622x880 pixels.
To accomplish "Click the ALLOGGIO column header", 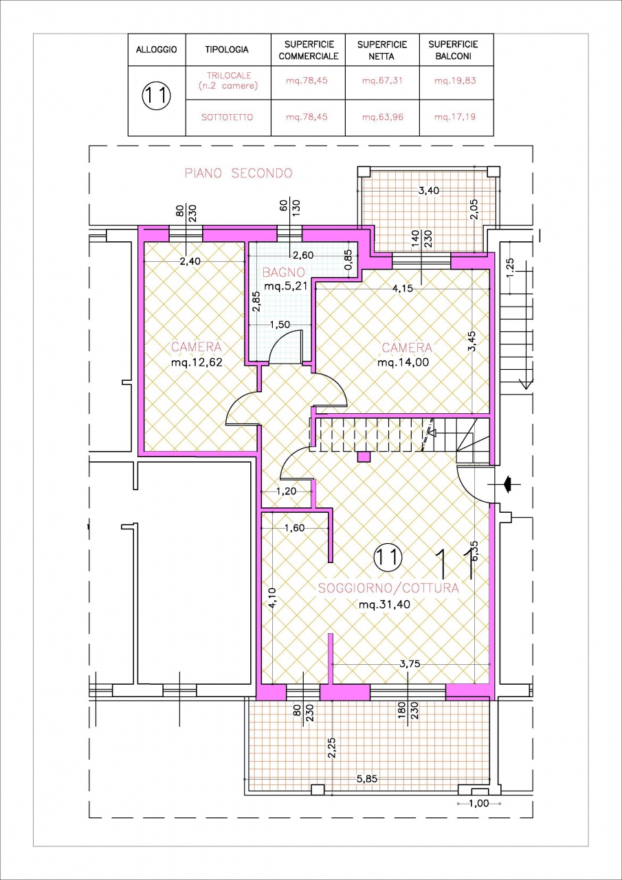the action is [x=156, y=50].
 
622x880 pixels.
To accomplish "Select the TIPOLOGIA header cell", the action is [x=227, y=50].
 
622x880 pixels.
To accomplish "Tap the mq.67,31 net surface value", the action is [x=382, y=81].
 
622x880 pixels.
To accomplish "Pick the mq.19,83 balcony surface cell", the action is [x=455, y=81].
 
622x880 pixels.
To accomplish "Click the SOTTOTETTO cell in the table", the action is [x=227, y=117].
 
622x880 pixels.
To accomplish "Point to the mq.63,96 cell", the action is [x=382, y=117].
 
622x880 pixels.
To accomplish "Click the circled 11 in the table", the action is [x=157, y=96].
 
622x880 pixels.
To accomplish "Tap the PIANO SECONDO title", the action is [x=238, y=173].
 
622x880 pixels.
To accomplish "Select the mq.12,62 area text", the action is [x=197, y=362].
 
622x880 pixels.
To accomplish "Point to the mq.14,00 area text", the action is [x=403, y=362].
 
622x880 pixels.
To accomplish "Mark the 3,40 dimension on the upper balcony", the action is [x=429, y=191].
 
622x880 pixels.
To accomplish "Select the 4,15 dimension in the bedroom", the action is [x=403, y=288].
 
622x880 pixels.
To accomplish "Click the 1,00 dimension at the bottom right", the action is [x=479, y=804].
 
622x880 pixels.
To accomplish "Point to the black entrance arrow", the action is [x=508, y=484].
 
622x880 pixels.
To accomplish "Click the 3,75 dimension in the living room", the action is [x=410, y=664].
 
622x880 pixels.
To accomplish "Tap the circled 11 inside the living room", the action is [x=388, y=557].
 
